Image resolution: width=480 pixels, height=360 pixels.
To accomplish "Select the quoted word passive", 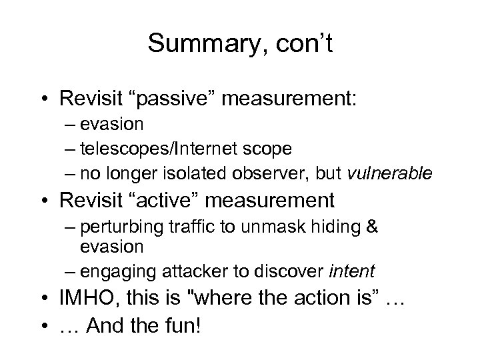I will point(172,99).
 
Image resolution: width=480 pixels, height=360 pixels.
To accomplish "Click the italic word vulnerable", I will point(390,174).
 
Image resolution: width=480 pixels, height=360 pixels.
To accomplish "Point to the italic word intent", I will point(351,271).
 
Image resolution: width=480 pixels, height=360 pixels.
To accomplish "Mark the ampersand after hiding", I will point(373,227).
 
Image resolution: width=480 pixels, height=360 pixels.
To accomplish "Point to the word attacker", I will point(183,271).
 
